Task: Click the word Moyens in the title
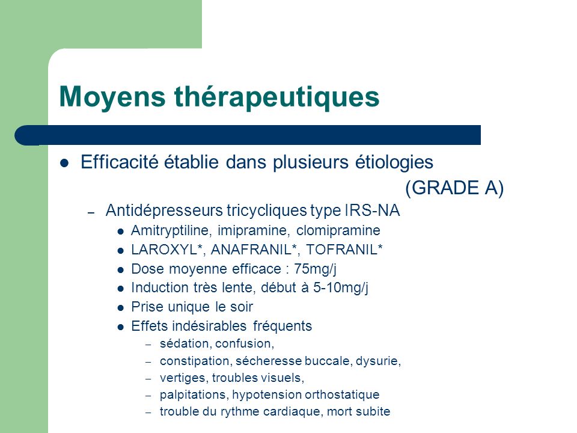click(x=112, y=97)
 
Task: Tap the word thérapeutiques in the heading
click(x=276, y=97)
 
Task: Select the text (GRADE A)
click(x=454, y=188)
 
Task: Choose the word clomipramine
click(x=338, y=231)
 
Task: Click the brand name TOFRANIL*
click(x=344, y=250)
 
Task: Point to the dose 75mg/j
click(x=315, y=269)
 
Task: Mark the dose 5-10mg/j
click(x=341, y=288)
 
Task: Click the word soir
click(x=242, y=307)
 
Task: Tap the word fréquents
click(x=282, y=326)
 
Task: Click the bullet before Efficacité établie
click(x=64, y=163)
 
